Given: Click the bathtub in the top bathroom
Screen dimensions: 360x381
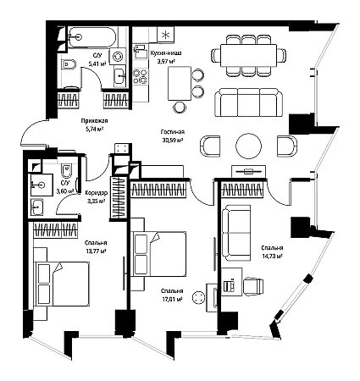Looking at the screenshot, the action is pyautogui.click(x=92, y=37).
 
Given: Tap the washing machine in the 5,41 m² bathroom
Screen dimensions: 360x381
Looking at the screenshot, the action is pyautogui.click(x=117, y=57).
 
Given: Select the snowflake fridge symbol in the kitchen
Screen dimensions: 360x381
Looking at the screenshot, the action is pyautogui.click(x=165, y=35).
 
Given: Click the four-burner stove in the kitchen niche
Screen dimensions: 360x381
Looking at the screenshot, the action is pyautogui.click(x=141, y=76).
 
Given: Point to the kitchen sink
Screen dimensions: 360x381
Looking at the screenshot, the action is pyautogui.click(x=141, y=52).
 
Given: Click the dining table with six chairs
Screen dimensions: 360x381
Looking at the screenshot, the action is pyautogui.click(x=248, y=55).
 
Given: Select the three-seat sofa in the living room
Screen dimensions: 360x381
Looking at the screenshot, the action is pyautogui.click(x=248, y=102).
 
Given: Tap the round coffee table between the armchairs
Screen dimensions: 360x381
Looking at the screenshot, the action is pyautogui.click(x=248, y=146).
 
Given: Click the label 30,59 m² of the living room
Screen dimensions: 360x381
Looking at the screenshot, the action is pyautogui.click(x=173, y=140).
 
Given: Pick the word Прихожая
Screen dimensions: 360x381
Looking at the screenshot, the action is pyautogui.click(x=95, y=121).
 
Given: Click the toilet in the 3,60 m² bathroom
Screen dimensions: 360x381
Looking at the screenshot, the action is pyautogui.click(x=66, y=170).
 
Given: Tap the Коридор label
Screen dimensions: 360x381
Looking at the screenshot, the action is pyautogui.click(x=97, y=193).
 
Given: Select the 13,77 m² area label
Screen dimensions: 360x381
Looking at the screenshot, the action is pyautogui.click(x=96, y=251).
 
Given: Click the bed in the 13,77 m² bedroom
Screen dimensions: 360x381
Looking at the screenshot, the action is pyautogui.click(x=61, y=284).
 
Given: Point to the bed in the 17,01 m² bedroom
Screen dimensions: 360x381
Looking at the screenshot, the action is pyautogui.click(x=158, y=254).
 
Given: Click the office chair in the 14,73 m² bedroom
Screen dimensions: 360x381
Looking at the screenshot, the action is pyautogui.click(x=253, y=287).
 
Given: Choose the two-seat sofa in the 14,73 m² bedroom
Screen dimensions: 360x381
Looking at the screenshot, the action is pyautogui.click(x=236, y=233).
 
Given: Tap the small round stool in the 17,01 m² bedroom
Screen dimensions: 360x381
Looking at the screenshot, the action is pyautogui.click(x=198, y=297).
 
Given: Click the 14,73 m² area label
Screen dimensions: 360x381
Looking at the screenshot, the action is pyautogui.click(x=272, y=256).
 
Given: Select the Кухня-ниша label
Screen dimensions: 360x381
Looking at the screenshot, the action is pyautogui.click(x=166, y=52).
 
